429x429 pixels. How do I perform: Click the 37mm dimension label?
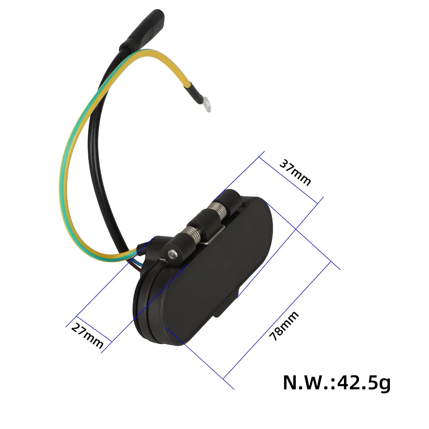(295, 172)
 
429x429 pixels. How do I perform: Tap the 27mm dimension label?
(87, 336)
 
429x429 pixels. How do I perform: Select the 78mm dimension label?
(284, 326)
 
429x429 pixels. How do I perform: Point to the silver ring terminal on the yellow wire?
(206, 106)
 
